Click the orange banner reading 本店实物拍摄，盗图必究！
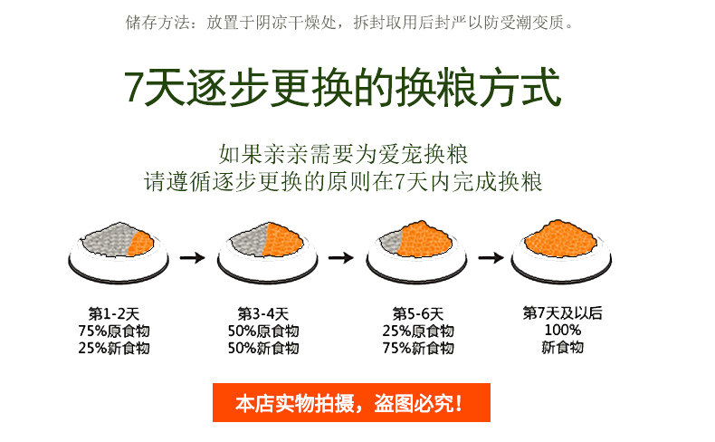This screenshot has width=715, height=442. coord(350,403)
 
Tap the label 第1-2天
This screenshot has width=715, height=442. coord(114,313)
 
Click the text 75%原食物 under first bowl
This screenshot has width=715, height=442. coord(114,331)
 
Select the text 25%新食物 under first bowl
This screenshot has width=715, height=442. coord(114,348)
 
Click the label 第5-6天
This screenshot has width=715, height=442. coord(417,313)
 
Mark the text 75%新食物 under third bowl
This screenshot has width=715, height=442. coord(417,348)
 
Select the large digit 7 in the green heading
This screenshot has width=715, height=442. coord(135,89)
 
